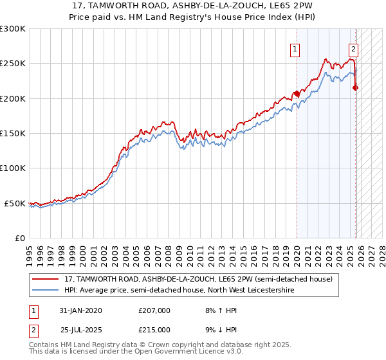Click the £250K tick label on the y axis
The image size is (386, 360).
click(x=12, y=64)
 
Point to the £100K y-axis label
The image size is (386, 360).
click(x=12, y=168)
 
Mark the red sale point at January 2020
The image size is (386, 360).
click(x=297, y=94)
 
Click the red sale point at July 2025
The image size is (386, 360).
click(x=356, y=88)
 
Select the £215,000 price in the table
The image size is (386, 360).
click(x=154, y=329)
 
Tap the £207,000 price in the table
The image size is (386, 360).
click(x=154, y=310)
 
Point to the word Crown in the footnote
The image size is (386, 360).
click(x=149, y=345)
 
